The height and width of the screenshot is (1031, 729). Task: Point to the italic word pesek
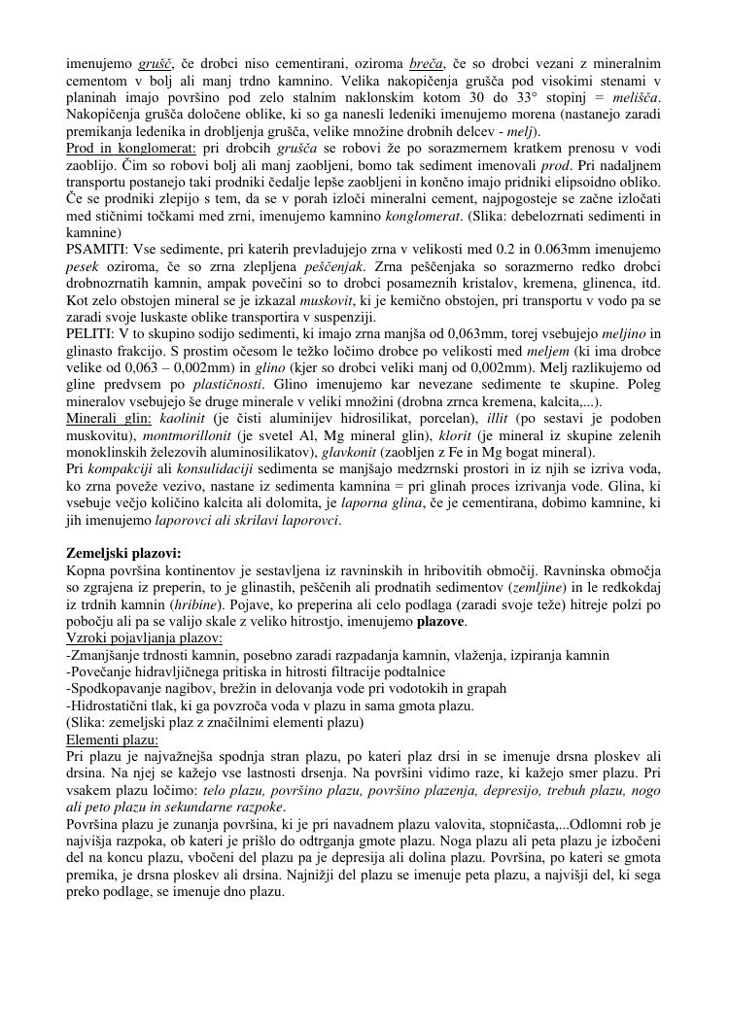pyautogui.click(x=83, y=266)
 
